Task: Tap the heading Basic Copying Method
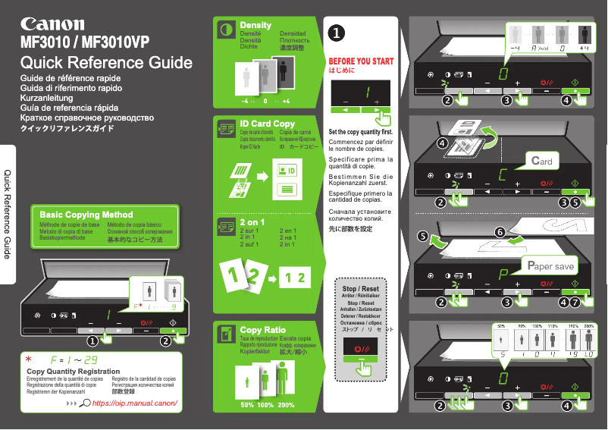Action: [86, 215]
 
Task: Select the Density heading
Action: [255, 25]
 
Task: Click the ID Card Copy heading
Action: [267, 123]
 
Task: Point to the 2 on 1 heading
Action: [252, 222]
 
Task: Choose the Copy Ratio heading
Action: [262, 330]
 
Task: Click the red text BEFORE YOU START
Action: [361, 61]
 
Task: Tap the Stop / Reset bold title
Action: [360, 289]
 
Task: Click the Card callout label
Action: [541, 161]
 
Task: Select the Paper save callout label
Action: [551, 266]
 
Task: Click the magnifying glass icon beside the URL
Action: [85, 403]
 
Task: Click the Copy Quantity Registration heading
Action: [74, 371]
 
